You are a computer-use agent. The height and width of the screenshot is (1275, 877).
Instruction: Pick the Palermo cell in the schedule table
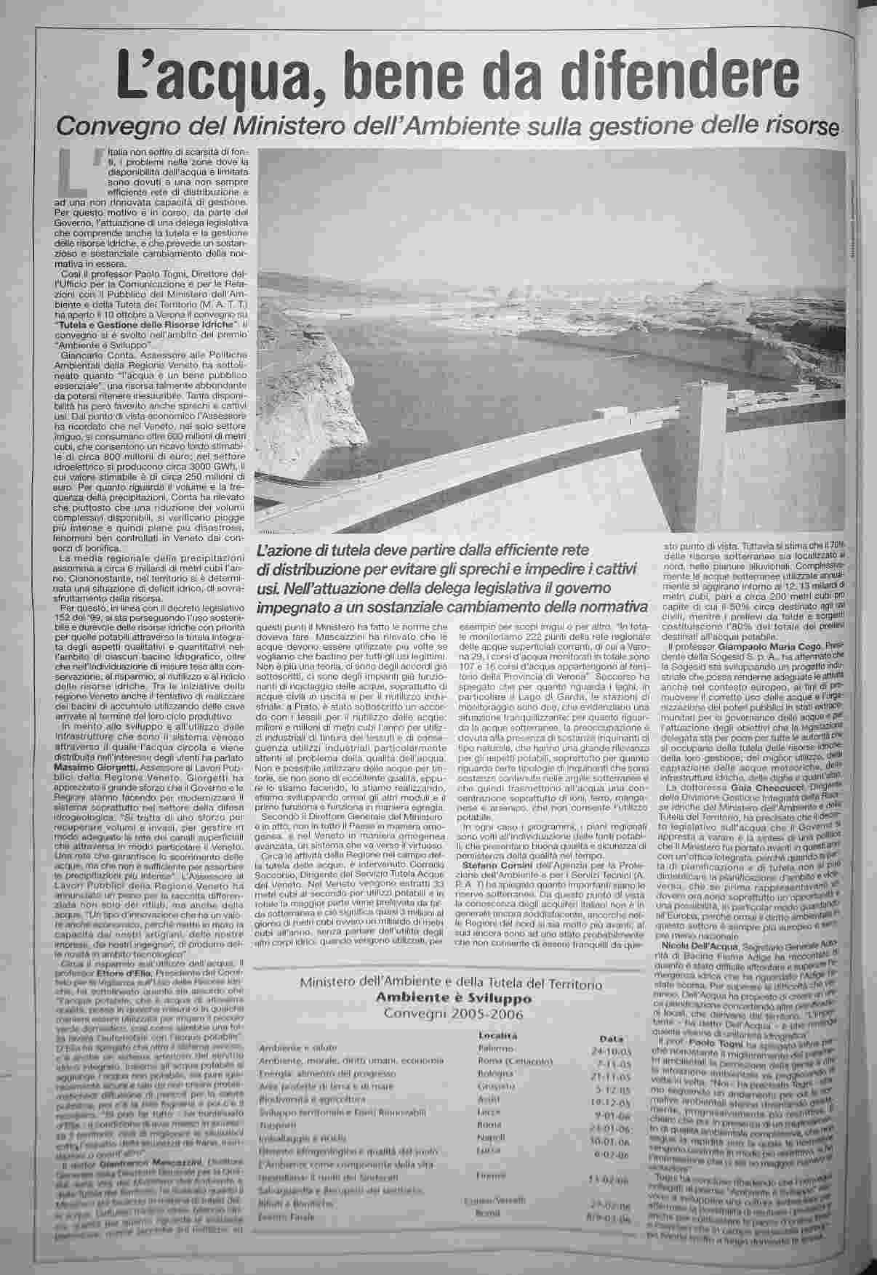(496, 1049)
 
